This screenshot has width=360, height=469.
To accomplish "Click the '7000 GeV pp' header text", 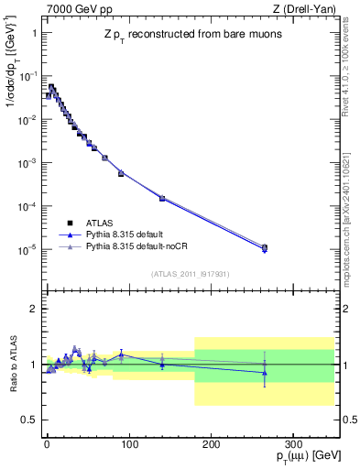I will point(75,8).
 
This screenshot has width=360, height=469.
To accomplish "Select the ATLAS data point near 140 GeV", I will point(161,198).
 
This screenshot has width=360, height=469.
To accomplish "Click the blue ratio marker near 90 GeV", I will point(121,354).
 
